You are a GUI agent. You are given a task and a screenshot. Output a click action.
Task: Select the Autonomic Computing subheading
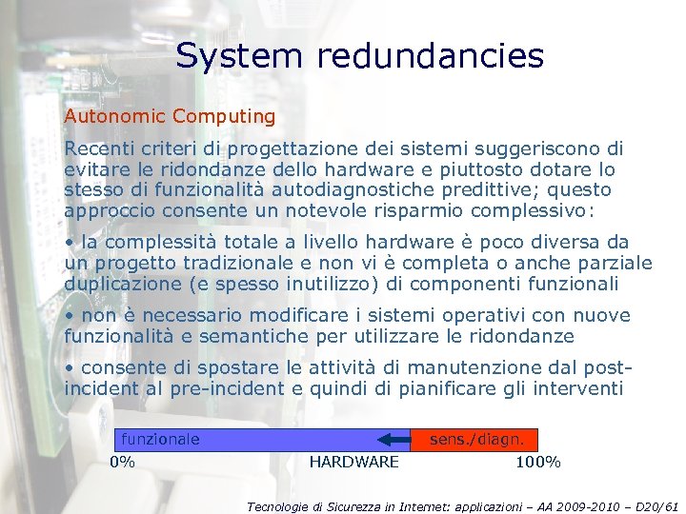pos(170,117)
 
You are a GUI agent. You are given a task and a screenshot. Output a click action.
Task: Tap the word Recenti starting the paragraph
pos(98,148)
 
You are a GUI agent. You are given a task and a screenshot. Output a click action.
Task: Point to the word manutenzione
pos(451,368)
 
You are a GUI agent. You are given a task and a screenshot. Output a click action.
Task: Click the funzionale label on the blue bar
pos(158,439)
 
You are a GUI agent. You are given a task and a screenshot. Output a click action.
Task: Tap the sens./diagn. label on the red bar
pos(476,439)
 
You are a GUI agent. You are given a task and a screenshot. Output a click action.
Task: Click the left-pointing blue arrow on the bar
pos(393,439)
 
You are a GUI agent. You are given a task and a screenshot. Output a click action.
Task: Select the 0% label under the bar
pos(122,463)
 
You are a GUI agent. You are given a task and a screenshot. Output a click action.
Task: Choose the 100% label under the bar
pos(538,463)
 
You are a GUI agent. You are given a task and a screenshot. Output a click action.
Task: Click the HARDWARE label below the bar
pos(354,463)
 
